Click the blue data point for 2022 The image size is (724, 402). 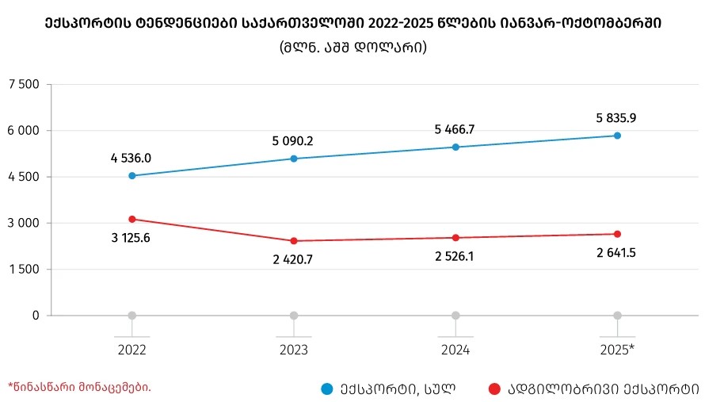[131, 176]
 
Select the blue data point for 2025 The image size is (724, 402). [617, 136]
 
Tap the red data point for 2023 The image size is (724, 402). [294, 241]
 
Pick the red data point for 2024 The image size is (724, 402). [455, 238]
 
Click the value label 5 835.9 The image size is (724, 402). [616, 118]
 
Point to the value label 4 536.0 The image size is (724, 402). [131, 159]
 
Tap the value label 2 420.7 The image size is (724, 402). [292, 259]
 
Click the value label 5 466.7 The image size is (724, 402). [455, 129]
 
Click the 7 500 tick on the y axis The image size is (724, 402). [24, 84]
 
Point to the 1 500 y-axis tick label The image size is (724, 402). [24, 270]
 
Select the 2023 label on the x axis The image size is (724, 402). [293, 349]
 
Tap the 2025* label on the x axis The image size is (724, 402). [617, 349]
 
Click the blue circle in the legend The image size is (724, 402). [326, 389]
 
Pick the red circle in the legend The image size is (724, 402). [495, 389]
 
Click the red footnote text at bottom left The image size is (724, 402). [79, 387]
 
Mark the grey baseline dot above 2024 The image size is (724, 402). [455, 316]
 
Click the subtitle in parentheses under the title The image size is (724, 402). [353, 48]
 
